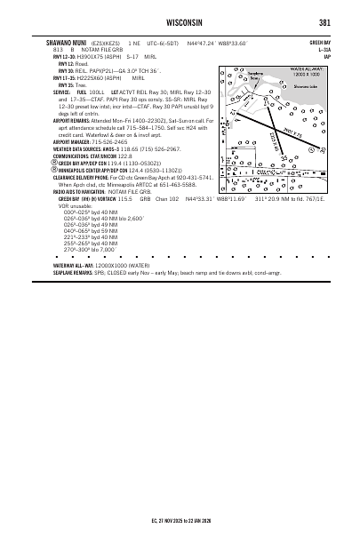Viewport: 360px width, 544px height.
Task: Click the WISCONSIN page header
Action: click(180, 22)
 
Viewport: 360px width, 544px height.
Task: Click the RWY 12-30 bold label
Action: click(64, 56)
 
